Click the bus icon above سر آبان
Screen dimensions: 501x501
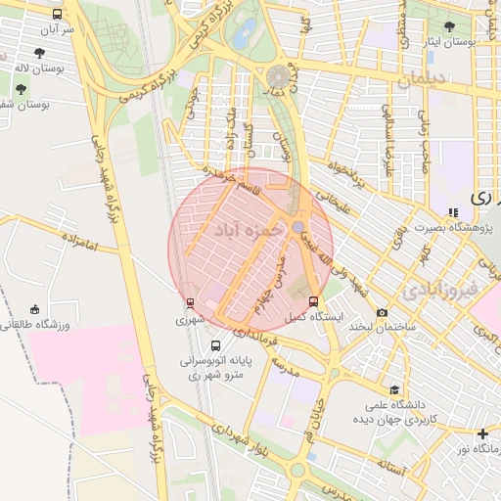(58, 15)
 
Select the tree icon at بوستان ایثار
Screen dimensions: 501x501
(449, 27)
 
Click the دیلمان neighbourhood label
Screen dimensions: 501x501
(421, 78)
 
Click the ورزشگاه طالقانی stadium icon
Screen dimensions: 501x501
(35, 309)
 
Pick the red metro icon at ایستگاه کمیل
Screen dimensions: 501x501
(313, 301)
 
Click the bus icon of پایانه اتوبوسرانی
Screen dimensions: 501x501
(215, 345)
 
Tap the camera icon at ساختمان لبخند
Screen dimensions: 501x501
(381, 312)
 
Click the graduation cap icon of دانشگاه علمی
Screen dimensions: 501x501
(394, 389)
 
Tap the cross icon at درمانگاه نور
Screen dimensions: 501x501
(482, 433)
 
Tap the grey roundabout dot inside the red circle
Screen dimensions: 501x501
(297, 227)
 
